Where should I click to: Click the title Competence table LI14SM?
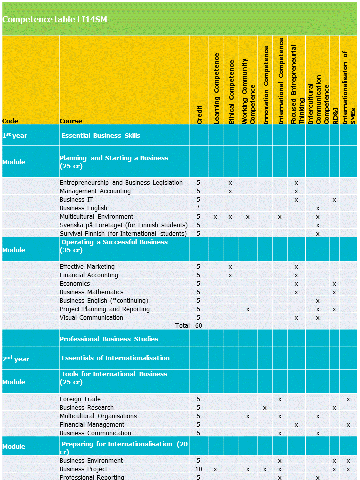point(55,20)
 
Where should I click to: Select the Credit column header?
point(199,114)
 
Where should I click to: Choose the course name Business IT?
point(73,200)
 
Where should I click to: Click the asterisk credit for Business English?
point(199,208)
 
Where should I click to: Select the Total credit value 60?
point(199,326)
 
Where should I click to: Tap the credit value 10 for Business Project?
point(199,469)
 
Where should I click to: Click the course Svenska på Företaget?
point(123,225)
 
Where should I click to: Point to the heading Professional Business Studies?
point(109,339)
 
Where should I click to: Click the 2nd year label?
point(16,359)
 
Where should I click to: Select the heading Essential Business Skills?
point(101,136)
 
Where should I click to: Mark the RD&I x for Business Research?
point(334,408)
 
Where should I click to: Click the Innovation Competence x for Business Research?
point(265,408)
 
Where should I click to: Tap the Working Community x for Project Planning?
point(248,309)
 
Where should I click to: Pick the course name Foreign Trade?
point(80,399)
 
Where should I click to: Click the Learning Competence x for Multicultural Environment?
point(215,217)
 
